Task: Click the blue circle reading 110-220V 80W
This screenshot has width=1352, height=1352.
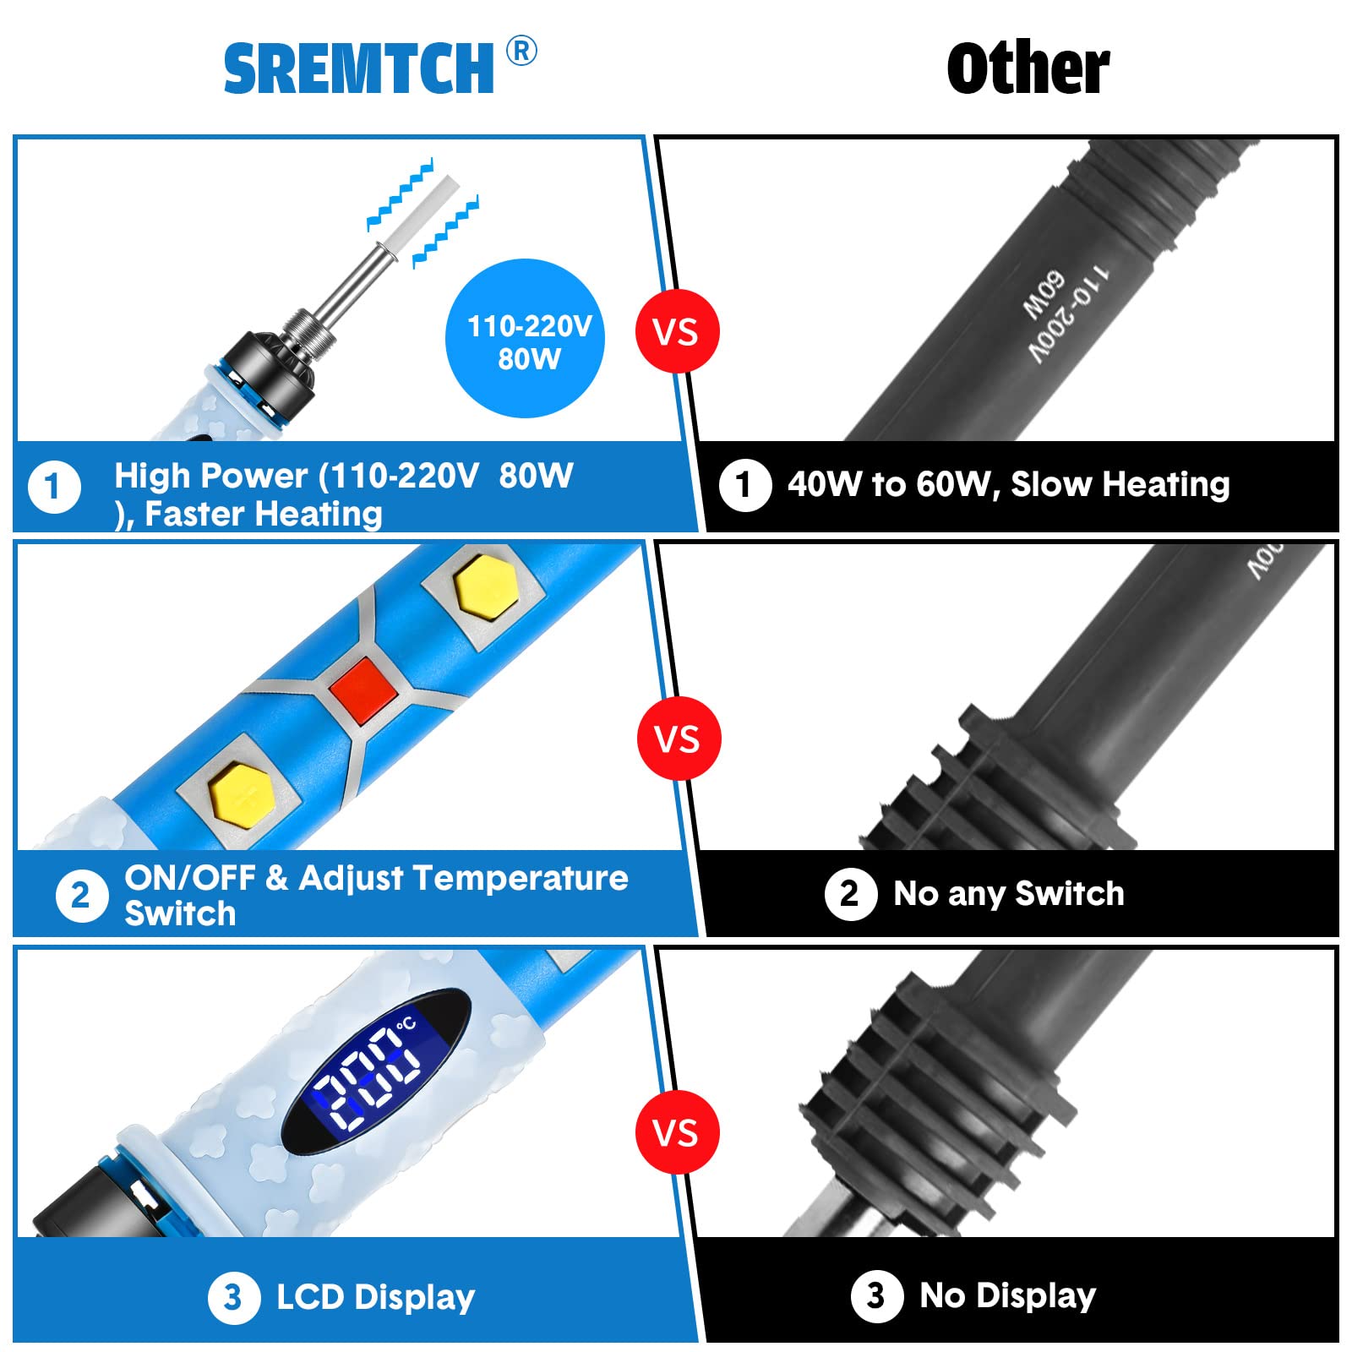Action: click(x=526, y=338)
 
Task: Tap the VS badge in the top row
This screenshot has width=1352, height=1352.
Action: click(x=677, y=331)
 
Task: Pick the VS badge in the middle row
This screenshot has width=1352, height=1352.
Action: click(x=678, y=739)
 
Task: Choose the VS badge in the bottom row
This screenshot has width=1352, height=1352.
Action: click(x=677, y=1132)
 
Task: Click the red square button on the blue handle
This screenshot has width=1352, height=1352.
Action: click(x=364, y=690)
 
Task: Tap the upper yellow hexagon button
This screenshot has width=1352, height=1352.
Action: click(x=486, y=589)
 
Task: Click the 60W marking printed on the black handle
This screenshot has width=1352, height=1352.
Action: click(x=1044, y=296)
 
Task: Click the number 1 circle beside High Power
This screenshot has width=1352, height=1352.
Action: click(x=55, y=487)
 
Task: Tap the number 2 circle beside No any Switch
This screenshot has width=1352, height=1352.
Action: click(x=851, y=894)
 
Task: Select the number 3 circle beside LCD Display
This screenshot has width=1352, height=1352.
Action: click(x=234, y=1298)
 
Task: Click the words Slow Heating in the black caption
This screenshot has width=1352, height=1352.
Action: click(x=1120, y=485)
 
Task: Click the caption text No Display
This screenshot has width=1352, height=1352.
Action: click(x=1008, y=1295)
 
